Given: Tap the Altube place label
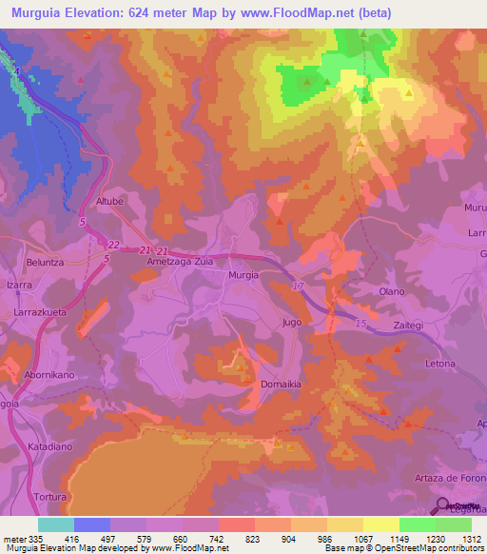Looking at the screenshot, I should pyautogui.click(x=111, y=202).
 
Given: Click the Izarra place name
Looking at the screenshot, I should pyautogui.click(x=19, y=285).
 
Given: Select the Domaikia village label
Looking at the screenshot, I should pyautogui.click(x=281, y=384).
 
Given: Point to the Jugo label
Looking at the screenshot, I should pyautogui.click(x=292, y=323).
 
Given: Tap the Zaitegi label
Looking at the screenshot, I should pyautogui.click(x=408, y=326).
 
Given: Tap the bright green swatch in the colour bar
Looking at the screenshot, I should pyautogui.click(x=417, y=524).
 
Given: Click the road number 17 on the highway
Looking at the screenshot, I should pyautogui.click(x=298, y=286).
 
